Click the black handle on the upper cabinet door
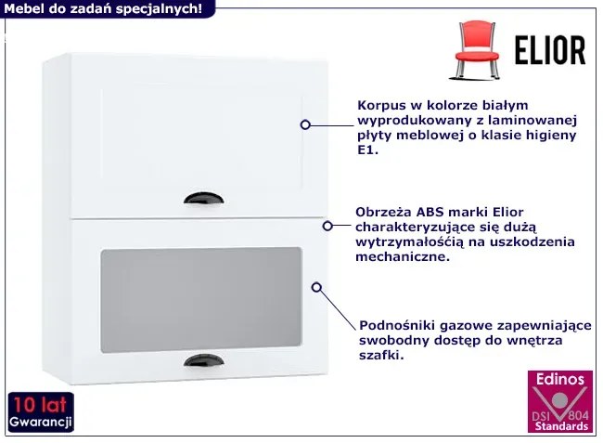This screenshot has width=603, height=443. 204,198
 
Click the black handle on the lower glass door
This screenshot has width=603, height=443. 204,360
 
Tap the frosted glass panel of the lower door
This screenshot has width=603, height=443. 200,300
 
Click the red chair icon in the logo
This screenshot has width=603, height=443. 476,50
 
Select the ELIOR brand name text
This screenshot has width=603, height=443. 550,50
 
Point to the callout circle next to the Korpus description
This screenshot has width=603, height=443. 305,124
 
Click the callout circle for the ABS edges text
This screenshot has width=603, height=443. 327,226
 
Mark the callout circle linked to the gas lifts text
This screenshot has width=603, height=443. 316,287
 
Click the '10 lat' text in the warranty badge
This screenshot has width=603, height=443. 40,405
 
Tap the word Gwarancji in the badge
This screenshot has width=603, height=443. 41,422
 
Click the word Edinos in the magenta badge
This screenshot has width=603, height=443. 560,380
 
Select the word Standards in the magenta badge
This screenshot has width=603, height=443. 561,426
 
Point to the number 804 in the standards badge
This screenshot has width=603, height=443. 578,415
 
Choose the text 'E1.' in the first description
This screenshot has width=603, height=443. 368,150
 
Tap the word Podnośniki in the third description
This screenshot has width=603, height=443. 397,326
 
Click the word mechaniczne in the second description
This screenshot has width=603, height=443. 403,256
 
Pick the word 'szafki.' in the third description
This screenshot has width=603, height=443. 381,355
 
